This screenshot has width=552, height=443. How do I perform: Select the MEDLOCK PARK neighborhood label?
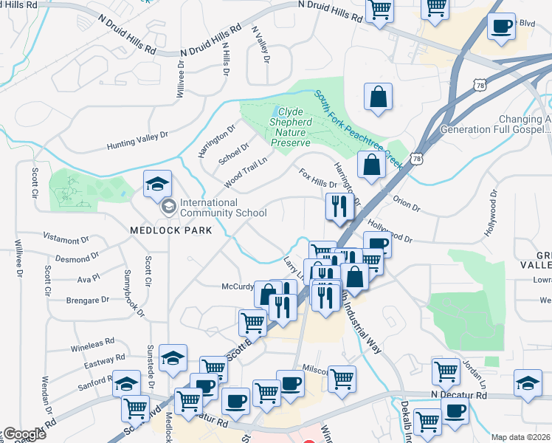170,230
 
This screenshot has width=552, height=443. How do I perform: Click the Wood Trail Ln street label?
246,169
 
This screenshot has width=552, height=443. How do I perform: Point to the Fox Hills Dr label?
318,177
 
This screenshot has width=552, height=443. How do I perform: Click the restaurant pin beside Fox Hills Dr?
339,206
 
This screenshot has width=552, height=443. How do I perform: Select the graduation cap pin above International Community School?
157,184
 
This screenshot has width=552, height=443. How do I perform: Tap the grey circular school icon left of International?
168,205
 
